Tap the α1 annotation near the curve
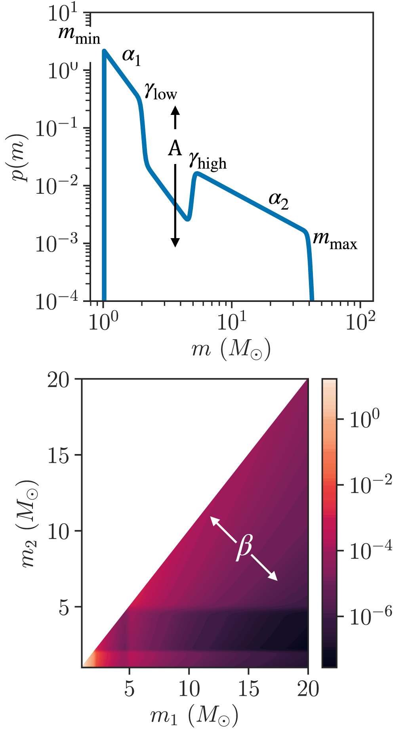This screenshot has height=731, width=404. click(131, 56)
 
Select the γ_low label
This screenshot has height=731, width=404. click(160, 93)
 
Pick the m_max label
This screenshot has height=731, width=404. click(335, 240)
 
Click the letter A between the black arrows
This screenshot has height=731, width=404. click(175, 149)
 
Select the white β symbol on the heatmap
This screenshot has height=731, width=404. click(244, 548)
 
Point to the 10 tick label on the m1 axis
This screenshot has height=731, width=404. click(189, 690)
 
